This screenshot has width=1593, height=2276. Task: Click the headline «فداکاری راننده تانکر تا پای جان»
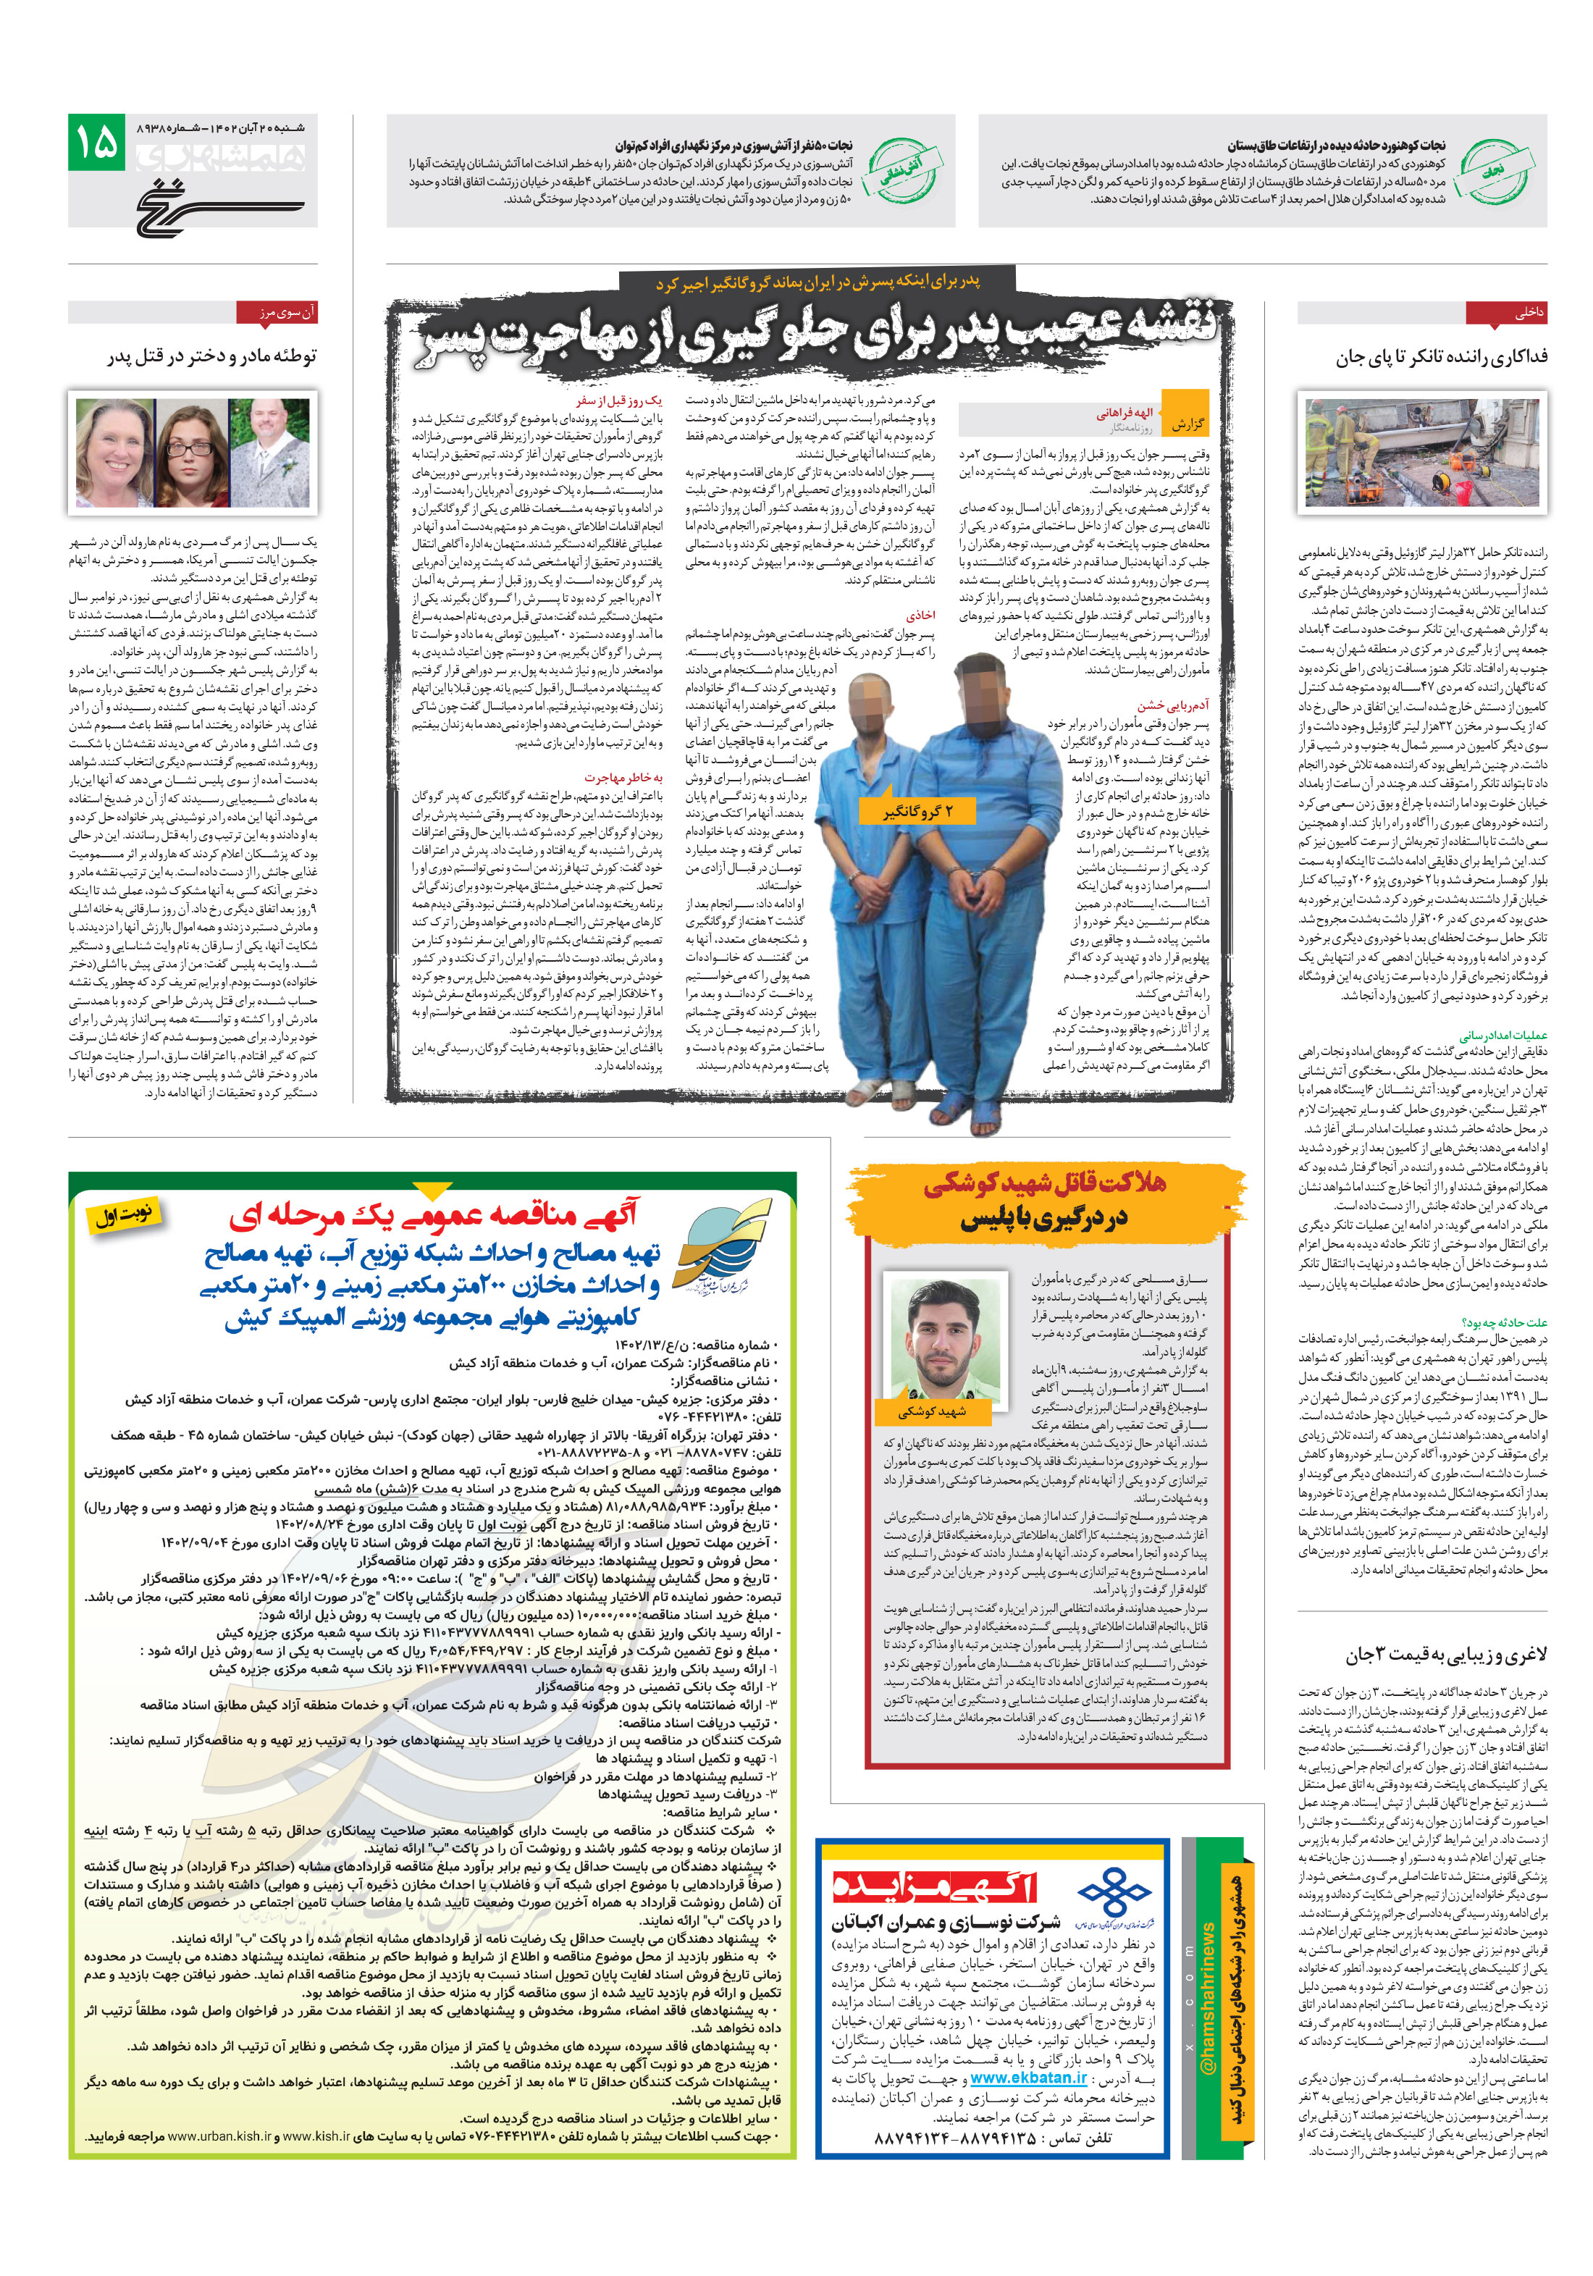point(1439,357)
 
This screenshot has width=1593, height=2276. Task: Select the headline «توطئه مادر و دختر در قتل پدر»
point(212,356)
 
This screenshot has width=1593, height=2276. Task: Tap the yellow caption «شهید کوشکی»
point(931,1411)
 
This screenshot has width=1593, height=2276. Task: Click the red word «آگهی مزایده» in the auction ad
point(935,1886)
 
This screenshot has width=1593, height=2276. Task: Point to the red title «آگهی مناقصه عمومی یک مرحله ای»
point(434,1215)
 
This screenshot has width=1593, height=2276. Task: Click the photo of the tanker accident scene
point(1421,454)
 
